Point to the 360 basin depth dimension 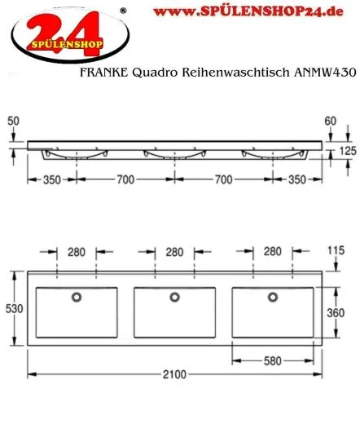pos(347,314)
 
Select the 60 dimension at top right pos(330,120)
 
